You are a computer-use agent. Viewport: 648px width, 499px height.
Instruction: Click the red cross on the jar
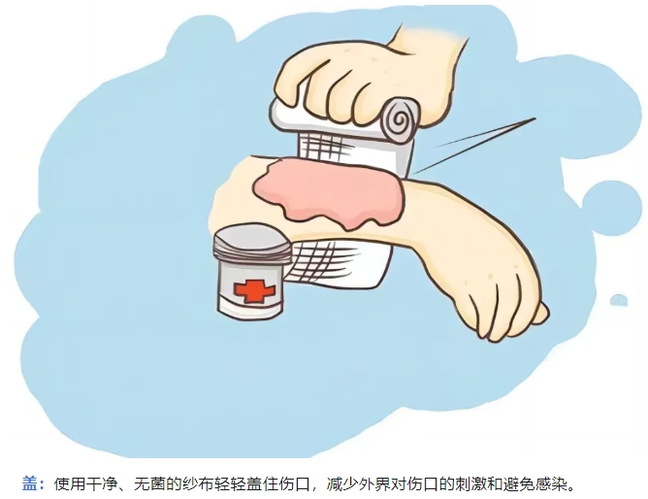(x=254, y=289)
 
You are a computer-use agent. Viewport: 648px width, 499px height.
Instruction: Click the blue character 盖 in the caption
(x=30, y=483)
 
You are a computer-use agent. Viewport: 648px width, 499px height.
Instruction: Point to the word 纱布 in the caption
(x=197, y=483)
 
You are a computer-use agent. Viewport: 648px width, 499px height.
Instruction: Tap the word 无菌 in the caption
(x=149, y=483)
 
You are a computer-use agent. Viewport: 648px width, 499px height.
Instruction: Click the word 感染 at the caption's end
(x=550, y=483)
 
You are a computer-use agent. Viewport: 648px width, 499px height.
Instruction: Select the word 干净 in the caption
(x=101, y=483)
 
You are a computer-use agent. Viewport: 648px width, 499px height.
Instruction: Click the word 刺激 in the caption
(x=470, y=483)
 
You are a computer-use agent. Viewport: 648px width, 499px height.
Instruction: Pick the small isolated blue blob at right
(x=619, y=300)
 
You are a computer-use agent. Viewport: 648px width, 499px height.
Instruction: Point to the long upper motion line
(x=486, y=132)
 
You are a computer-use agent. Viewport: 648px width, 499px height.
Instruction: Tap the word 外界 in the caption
(x=374, y=483)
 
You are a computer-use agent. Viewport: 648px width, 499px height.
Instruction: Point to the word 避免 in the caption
(x=519, y=483)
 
